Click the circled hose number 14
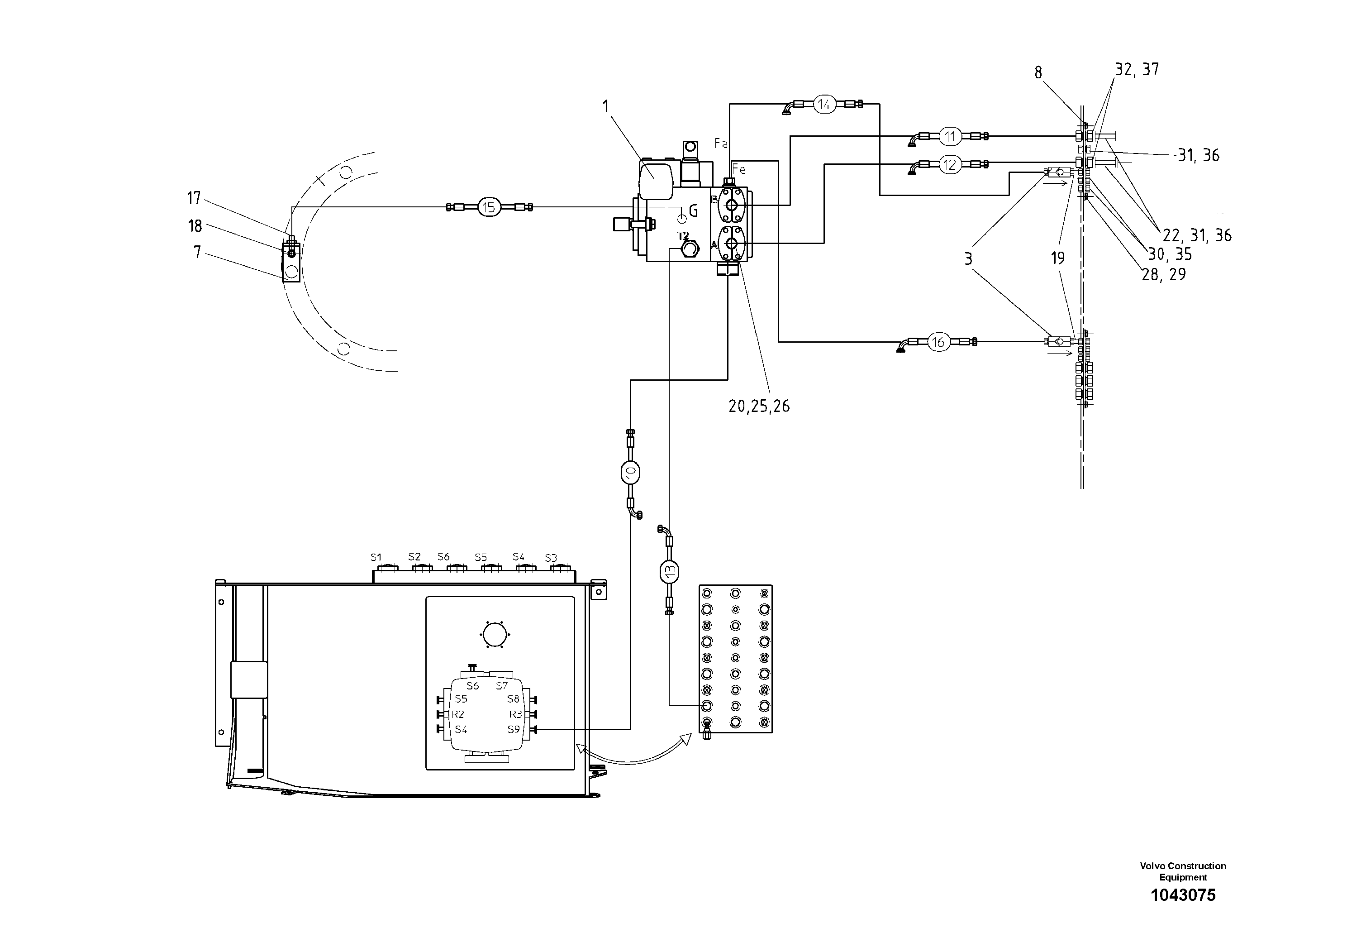pyautogui.click(x=824, y=105)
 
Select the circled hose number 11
pyautogui.click(x=950, y=137)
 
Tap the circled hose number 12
pyautogui.click(x=950, y=165)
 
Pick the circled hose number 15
pyautogui.click(x=488, y=207)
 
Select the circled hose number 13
pyautogui.click(x=669, y=570)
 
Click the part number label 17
pyautogui.click(x=194, y=198)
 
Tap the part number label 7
pyautogui.click(x=197, y=253)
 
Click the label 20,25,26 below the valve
pyautogui.click(x=759, y=406)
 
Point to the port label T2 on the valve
pyautogui.click(x=683, y=236)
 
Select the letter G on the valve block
pyautogui.click(x=693, y=211)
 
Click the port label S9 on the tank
pyautogui.click(x=514, y=730)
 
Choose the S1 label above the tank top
pyautogui.click(x=376, y=557)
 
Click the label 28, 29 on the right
pyautogui.click(x=1163, y=274)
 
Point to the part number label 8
pyautogui.click(x=1038, y=73)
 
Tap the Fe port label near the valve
pyautogui.click(x=738, y=170)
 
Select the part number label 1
pyautogui.click(x=605, y=106)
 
